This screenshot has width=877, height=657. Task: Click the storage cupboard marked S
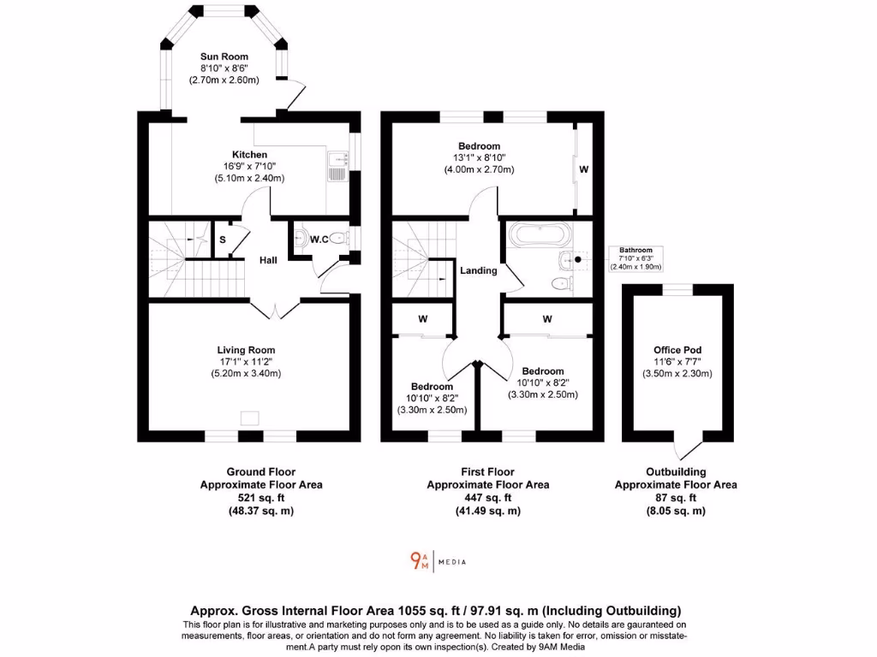tap(222, 240)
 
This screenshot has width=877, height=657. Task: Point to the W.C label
tap(319, 240)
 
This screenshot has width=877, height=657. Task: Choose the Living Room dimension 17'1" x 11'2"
tap(246, 362)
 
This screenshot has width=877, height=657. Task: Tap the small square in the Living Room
tap(249, 417)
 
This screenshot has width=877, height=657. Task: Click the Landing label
tap(479, 270)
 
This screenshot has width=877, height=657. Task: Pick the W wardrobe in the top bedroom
tap(583, 169)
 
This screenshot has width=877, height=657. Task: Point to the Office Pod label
tap(677, 350)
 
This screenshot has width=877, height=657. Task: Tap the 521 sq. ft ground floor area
tap(248, 498)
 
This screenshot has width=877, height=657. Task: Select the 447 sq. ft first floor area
tap(487, 498)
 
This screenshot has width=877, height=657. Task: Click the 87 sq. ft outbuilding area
tap(675, 498)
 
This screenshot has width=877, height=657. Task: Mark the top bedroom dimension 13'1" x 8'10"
tap(479, 157)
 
